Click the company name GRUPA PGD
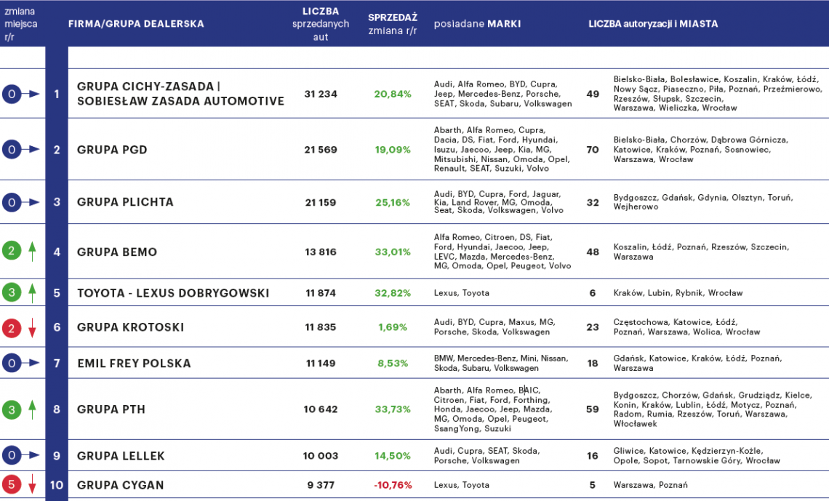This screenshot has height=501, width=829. tap(112, 150)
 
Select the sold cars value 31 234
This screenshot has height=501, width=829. tap(321, 94)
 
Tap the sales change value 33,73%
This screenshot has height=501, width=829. tap(392, 409)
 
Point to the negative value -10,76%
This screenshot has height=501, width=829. tap(392, 485)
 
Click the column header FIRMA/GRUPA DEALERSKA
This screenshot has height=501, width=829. tap(136, 24)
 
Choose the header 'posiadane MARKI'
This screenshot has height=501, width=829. tap(477, 24)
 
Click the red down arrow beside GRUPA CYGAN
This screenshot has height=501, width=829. tap(32, 485)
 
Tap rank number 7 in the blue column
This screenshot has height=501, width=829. tap(57, 363)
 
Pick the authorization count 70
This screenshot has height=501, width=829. tap(593, 150)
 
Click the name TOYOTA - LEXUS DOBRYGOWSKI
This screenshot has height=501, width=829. tap(173, 293)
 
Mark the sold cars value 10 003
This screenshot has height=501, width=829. tap(321, 456)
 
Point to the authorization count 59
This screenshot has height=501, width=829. tap(593, 409)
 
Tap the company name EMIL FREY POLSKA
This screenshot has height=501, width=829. tap(134, 363)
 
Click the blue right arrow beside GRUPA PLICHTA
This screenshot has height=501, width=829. tap(31, 202)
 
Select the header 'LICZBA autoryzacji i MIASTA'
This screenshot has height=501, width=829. tap(653, 24)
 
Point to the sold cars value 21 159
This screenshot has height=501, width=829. tap(321, 202)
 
